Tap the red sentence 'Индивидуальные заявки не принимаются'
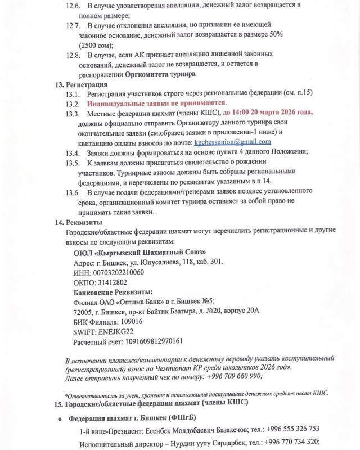pos(156,103)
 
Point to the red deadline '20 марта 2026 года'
pos(280,113)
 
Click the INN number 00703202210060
pos(108,272)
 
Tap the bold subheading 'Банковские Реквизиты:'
pos(113,292)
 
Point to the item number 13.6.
pos(73,192)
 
